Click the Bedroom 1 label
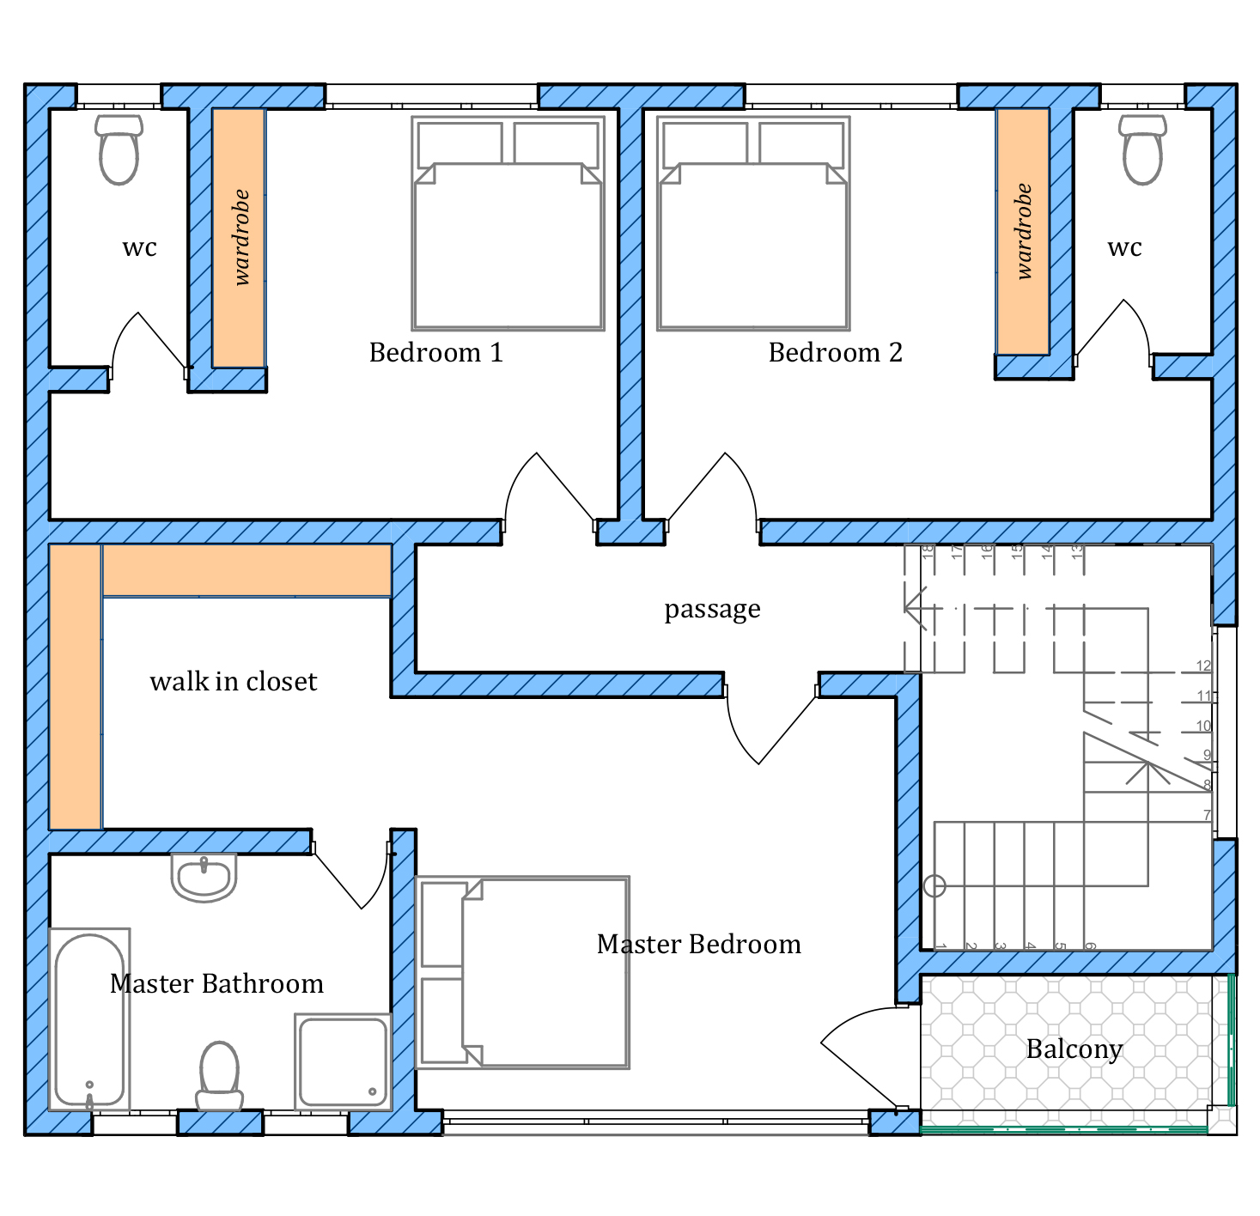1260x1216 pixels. (435, 353)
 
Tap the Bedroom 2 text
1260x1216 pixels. (835, 353)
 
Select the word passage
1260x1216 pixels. (712, 610)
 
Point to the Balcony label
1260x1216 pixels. (1074, 1049)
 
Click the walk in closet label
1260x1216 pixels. (234, 681)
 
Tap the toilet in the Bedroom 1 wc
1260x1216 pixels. (119, 149)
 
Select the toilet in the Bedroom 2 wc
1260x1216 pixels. (1143, 149)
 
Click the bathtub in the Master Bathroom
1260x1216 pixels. (89, 1020)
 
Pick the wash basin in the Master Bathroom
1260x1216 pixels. (204, 878)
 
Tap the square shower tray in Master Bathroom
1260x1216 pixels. (344, 1062)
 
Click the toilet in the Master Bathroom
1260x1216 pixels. (220, 1076)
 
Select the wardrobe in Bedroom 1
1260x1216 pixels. (239, 238)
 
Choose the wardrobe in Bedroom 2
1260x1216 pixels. (1023, 231)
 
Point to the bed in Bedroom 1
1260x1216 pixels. (508, 223)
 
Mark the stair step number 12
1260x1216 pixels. (1203, 666)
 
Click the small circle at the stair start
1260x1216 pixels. (934, 885)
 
